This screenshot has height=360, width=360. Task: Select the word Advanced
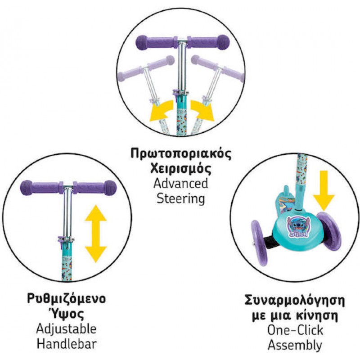181,184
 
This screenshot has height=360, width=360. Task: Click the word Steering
181,198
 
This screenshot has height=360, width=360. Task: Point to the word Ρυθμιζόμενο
66,299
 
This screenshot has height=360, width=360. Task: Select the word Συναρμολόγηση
295,300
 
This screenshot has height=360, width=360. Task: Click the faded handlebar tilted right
217,67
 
